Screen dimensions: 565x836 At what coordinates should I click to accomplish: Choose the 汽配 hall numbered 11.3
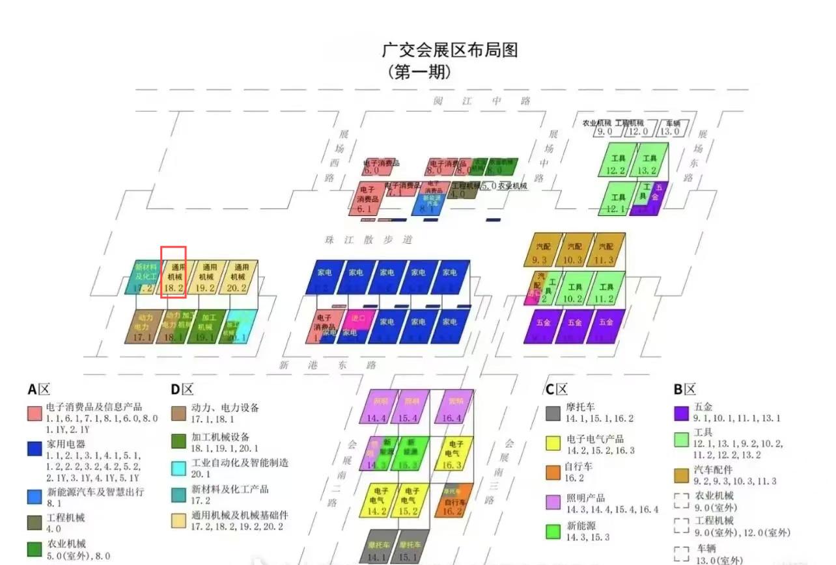[x=607, y=250]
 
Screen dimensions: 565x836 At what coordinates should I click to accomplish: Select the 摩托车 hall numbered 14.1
[x=376, y=547]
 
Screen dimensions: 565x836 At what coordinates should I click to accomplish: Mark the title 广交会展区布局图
[x=449, y=49]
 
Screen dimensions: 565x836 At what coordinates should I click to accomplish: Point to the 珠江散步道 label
[x=369, y=239]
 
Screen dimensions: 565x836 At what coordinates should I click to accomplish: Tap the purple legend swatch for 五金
[x=681, y=413]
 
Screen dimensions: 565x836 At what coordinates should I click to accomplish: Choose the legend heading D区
[x=182, y=389]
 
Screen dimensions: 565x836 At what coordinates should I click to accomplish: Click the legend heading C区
[x=557, y=389]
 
